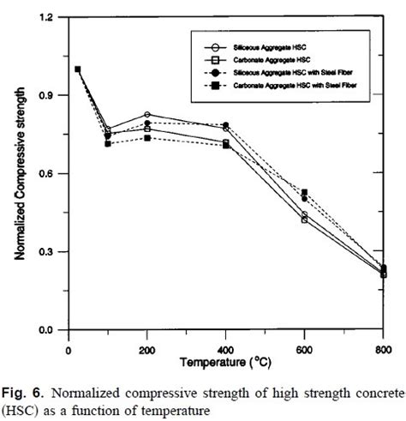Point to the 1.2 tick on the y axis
pos(49,17)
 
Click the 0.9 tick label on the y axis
pos(49,95)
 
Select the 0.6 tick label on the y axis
pos(49,174)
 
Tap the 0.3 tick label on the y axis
pos(49,252)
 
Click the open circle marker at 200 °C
pos(147,114)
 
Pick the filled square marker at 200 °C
pos(147,138)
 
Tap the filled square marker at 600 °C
pos(304,192)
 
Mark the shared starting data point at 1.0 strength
pos(78,69)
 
